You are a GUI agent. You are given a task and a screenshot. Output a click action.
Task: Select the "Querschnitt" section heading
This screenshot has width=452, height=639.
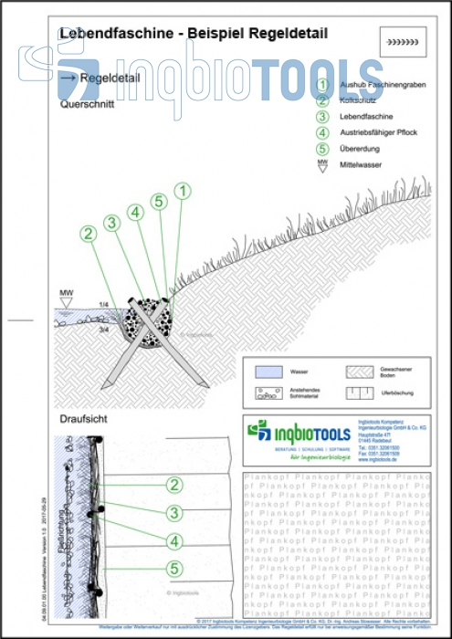point(86,105)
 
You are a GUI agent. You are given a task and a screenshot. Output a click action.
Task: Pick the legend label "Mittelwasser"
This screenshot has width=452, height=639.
point(365,165)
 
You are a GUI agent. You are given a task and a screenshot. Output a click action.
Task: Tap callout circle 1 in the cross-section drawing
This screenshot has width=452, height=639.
point(183,191)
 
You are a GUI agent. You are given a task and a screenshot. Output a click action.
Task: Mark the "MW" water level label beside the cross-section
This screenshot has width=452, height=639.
point(66,294)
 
